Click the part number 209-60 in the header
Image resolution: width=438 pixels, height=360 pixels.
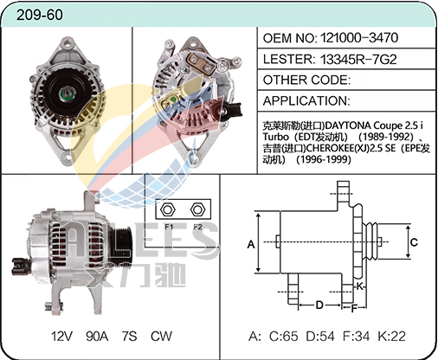40,15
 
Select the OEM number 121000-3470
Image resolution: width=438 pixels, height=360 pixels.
359,38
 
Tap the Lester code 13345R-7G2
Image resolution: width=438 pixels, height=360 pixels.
358,59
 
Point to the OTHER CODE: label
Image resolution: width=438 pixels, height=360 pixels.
306,80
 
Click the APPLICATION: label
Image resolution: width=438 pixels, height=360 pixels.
306,100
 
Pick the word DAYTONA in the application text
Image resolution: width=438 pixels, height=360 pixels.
348,125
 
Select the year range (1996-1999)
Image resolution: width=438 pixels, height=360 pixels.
324,159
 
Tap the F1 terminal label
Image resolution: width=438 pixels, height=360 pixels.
169,227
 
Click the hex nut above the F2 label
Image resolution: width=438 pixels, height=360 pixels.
197,209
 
